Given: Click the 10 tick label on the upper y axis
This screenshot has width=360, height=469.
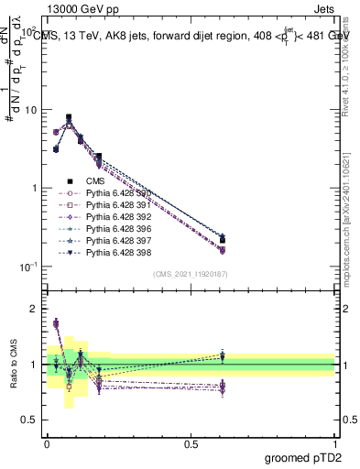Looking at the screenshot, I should pos(30,110).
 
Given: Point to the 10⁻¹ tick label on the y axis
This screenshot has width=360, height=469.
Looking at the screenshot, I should pos(28,266).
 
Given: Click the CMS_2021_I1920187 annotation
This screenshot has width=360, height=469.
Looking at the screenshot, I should pos(191,274).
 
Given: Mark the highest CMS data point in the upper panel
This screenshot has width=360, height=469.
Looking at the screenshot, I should pos(69,117).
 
